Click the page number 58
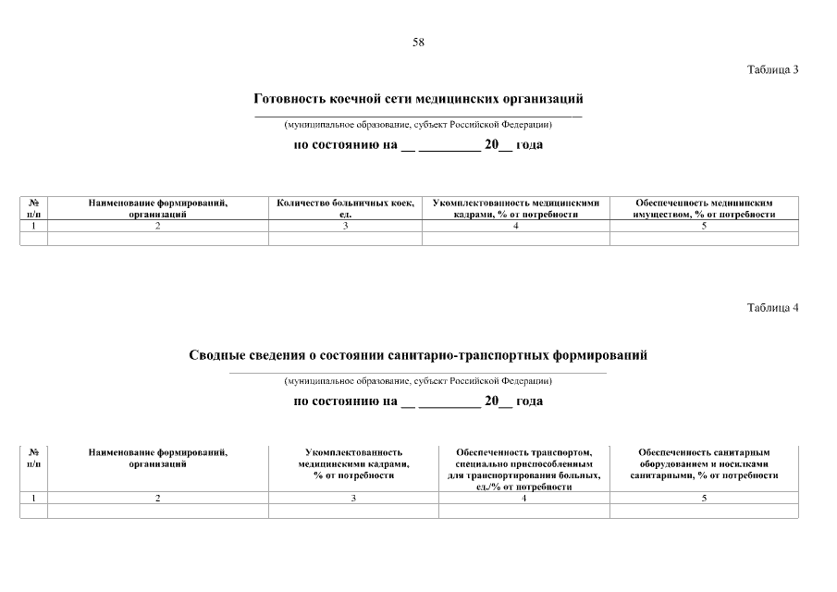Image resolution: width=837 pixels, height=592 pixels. tap(418, 42)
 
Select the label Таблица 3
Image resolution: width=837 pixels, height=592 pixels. tap(772, 70)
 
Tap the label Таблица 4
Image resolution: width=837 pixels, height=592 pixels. tap(772, 308)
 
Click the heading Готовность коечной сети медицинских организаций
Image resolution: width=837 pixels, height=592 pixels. tap(418, 98)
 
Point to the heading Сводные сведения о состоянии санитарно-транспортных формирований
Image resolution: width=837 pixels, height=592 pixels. tap(418, 355)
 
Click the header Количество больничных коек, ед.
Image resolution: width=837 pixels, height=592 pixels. tap(345, 208)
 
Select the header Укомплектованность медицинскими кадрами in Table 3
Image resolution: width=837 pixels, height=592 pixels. tap(516, 208)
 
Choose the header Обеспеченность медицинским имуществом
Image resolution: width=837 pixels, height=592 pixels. tap(704, 208)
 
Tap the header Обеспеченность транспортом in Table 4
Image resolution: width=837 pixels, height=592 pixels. tap(523, 469)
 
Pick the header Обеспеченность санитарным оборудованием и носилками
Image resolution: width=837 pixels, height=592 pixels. tap(704, 463)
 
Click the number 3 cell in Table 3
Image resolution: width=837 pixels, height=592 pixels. tap(345, 226)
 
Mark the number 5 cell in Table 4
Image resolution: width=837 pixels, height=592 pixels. tap(704, 499)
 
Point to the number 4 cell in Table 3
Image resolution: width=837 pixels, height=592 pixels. tap(516, 226)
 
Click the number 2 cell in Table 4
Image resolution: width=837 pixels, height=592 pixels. tap(158, 499)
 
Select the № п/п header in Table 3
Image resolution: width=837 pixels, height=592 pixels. tap(33, 208)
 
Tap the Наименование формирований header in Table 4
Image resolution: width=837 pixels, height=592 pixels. tap(158, 458)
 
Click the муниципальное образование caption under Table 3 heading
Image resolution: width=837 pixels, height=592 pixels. tap(418, 124)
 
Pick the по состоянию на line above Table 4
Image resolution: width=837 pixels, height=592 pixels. tap(418, 401)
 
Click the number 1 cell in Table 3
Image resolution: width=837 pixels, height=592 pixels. tap(33, 226)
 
